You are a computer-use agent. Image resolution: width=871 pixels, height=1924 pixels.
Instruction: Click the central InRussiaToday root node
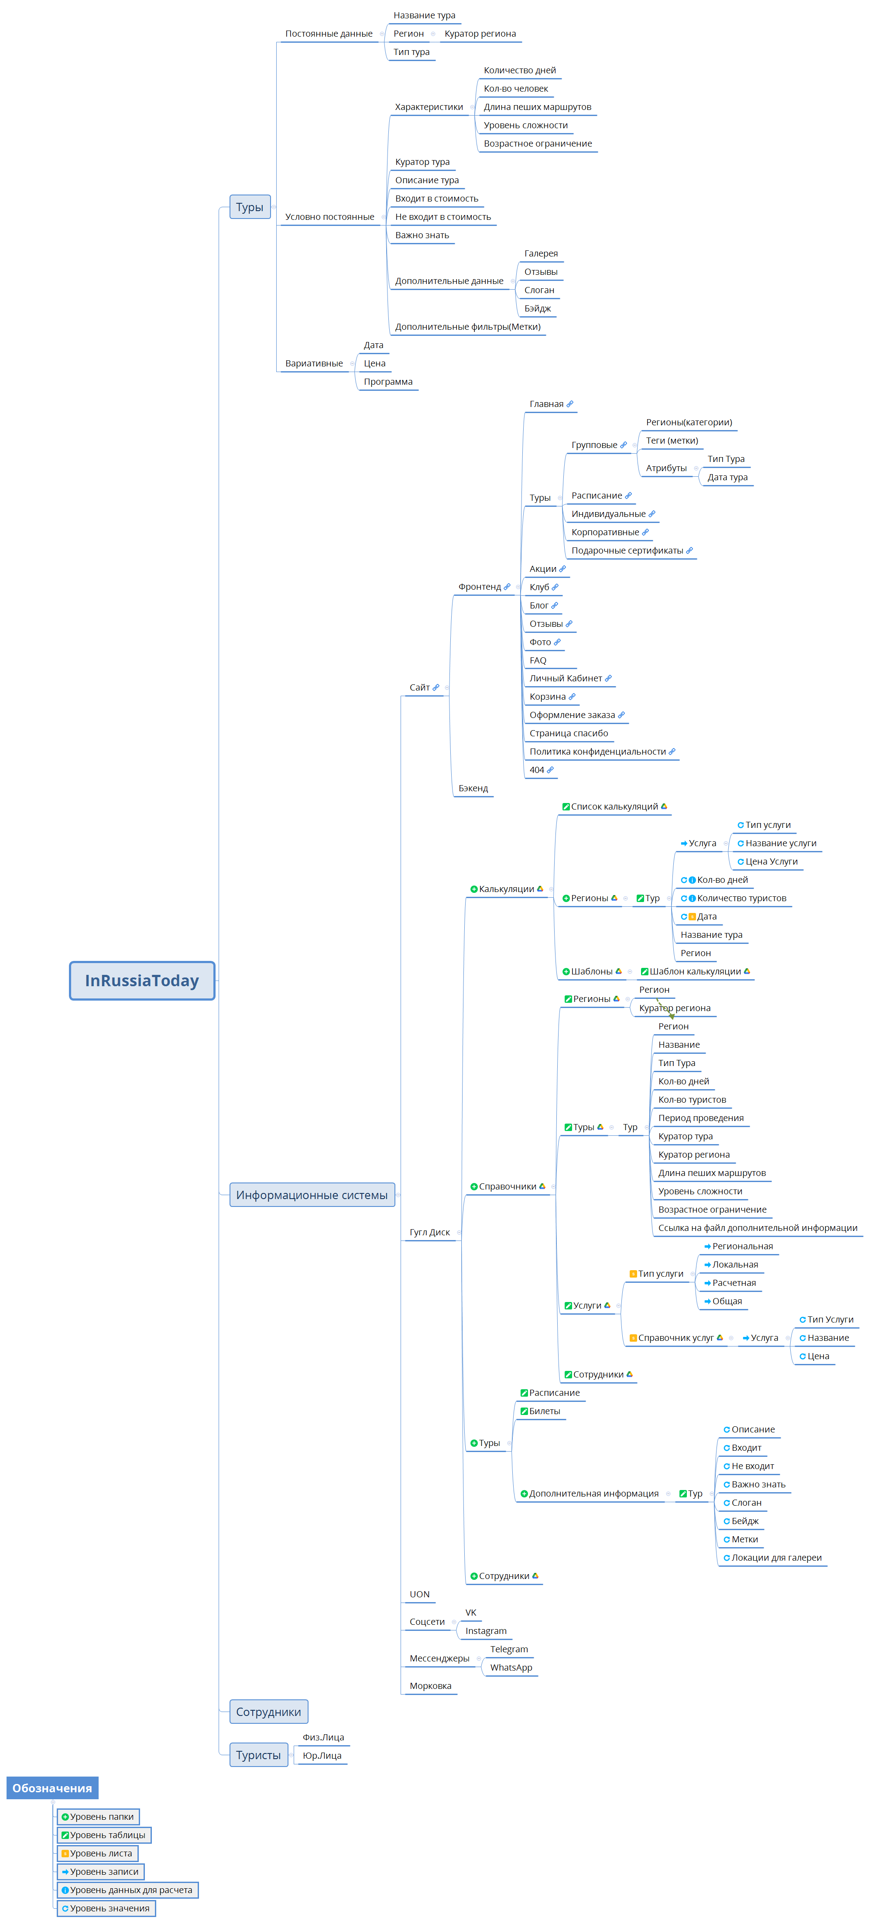point(142,980)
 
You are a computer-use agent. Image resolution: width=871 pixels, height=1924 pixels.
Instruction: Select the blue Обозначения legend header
point(52,1787)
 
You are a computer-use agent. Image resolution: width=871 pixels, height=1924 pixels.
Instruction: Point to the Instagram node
point(486,1630)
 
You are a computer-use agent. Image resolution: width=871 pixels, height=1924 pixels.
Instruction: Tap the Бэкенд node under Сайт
point(473,788)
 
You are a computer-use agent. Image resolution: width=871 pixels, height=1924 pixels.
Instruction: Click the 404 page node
point(541,769)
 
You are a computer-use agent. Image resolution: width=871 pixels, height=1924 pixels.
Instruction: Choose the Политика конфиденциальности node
point(602,752)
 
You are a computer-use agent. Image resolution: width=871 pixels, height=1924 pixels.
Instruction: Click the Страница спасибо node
point(569,733)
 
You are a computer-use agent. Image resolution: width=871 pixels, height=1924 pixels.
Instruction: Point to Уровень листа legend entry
point(98,1853)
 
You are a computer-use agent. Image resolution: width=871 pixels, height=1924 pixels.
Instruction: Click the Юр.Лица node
point(322,1755)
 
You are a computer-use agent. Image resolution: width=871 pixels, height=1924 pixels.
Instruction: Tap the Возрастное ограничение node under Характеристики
point(538,144)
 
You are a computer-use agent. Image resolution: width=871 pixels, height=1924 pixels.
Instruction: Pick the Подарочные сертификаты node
point(632,550)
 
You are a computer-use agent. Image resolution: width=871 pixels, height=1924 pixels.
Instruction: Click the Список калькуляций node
point(614,807)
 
